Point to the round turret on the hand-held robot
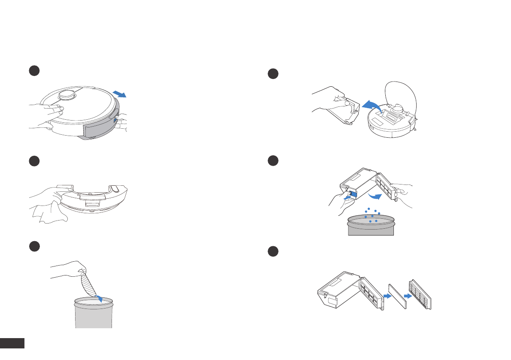(67, 95)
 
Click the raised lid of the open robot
(401, 94)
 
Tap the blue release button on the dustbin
(354, 194)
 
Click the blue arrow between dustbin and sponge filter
(387, 296)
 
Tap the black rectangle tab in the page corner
(12, 343)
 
